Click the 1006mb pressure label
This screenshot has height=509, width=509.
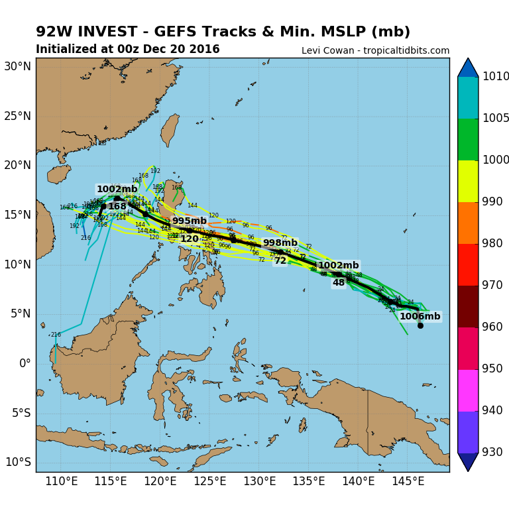420,317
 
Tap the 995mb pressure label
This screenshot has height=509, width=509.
189,221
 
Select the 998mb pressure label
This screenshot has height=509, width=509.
280,243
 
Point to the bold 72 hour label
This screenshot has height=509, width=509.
280,261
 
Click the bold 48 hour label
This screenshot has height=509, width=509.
339,283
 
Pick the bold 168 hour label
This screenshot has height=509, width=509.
117,207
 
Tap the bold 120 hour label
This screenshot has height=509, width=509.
190,239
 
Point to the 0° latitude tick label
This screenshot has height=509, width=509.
25,363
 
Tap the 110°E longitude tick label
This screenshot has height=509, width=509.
61,481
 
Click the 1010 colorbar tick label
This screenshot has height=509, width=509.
496,77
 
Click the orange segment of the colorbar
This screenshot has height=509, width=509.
468,223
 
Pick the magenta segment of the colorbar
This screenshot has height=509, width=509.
468,390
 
